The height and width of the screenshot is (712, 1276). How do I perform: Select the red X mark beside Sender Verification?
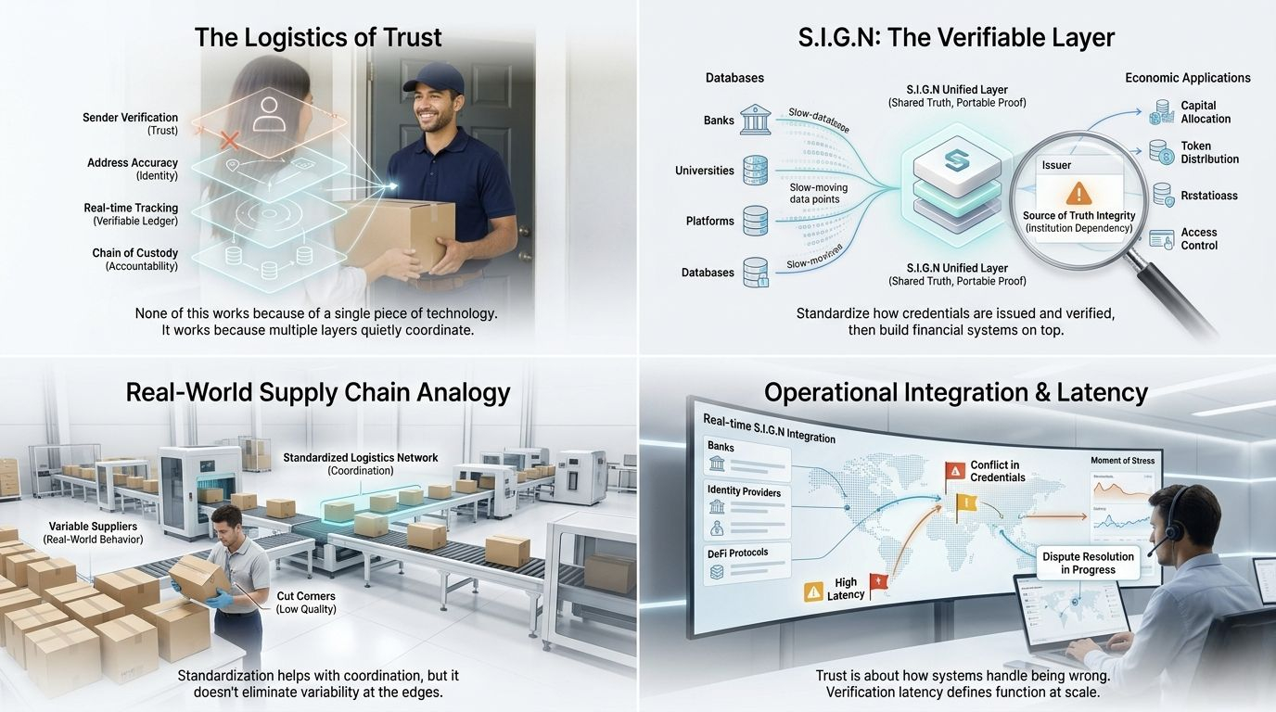tap(230, 142)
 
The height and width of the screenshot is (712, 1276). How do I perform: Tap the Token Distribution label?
tap(1209, 153)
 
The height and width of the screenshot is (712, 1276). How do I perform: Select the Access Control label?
tap(1199, 239)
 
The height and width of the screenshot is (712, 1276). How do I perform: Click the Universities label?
tap(704, 171)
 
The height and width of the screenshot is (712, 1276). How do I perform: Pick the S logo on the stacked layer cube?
tap(954, 160)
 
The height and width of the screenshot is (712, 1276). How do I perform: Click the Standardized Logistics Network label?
tap(360, 464)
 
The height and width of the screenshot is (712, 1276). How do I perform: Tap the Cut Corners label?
tap(305, 602)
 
